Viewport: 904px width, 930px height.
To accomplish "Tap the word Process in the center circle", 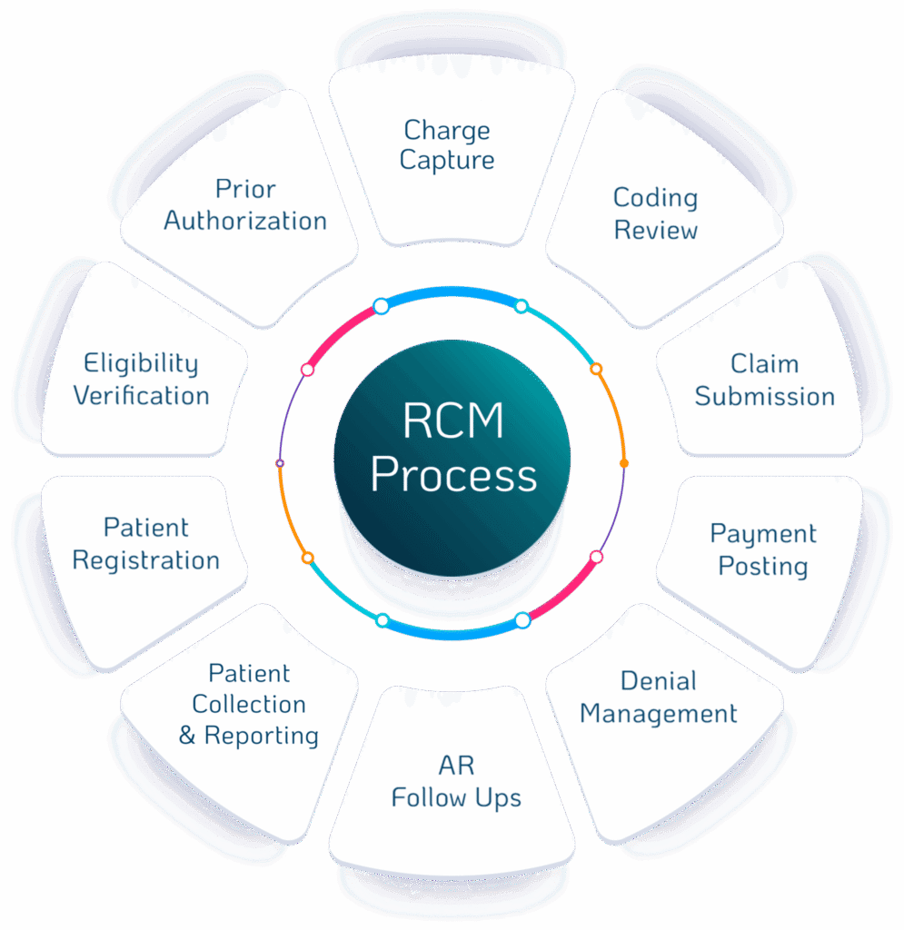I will coord(453,475).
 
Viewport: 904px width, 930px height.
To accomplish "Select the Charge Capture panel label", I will coord(448,145).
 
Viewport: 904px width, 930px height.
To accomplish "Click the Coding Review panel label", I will coord(655,213).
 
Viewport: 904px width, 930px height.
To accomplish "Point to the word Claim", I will coord(764,364).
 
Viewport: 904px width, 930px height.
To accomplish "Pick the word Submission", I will coord(764,397).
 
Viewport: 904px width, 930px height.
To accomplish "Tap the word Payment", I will coord(763,534).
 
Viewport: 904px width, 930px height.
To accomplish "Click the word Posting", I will coord(763,566).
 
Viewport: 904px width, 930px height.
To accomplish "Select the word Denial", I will coord(659,681).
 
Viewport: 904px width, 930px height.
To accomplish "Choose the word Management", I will coord(659,714).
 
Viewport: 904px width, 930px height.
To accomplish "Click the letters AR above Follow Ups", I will coord(456,766).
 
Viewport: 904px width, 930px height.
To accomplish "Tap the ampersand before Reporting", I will coord(187,736).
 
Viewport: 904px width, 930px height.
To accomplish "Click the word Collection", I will coord(249,705).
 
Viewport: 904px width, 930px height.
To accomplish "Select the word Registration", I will coord(146,560).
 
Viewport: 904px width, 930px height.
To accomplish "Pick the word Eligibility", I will coord(141,364).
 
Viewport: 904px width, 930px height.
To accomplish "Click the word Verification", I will coord(141,397).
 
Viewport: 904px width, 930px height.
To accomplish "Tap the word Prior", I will coord(245,189).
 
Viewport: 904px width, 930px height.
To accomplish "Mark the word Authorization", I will coord(245,221).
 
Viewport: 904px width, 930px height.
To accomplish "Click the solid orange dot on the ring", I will coord(624,464).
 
